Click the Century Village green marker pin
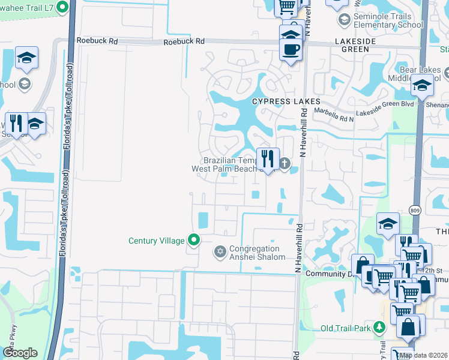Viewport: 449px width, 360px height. coord(194,240)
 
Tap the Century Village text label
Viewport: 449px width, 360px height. coord(157,241)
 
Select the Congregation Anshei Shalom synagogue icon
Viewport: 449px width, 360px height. coord(220,252)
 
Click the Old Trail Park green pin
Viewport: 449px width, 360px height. coord(379,328)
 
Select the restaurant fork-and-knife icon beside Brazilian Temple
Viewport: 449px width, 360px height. coord(267,158)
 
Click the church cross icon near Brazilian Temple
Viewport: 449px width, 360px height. coord(285,163)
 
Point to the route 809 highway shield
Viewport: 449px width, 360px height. coord(415,210)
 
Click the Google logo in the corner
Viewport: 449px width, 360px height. coord(20,353)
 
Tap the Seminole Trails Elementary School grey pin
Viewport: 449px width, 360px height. coord(344,20)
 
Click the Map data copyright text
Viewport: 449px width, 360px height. coord(423,355)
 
